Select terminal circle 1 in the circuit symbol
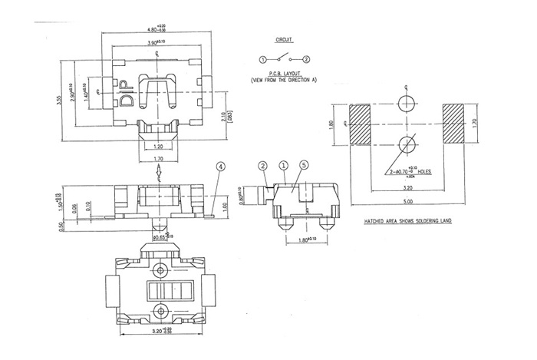tap(262, 59)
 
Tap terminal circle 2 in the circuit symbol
tap(306, 59)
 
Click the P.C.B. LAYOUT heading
tap(284, 74)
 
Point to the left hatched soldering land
tap(360, 123)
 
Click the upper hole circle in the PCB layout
tap(407, 102)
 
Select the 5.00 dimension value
tap(407, 203)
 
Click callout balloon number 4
tap(221, 166)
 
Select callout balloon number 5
tap(305, 165)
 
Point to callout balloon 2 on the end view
tap(262, 165)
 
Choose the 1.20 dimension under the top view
tap(158, 146)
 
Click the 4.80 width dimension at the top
tap(157, 28)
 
